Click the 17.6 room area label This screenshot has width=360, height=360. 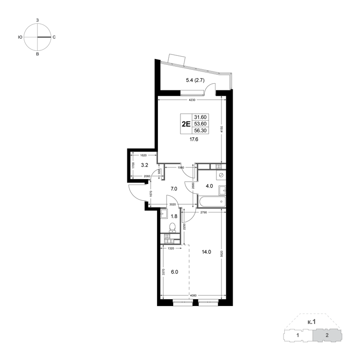193,139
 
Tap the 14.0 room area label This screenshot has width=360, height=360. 207,252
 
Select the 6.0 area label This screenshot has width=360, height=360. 175,272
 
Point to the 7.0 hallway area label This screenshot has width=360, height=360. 174,189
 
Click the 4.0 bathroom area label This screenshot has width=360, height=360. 209,186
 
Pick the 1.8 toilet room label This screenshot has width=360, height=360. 174,216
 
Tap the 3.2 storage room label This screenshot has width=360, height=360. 144,165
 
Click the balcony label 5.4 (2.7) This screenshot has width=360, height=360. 195,80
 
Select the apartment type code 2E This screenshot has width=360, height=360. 186,124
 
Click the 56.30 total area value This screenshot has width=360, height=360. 200,130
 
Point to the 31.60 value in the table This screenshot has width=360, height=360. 200,117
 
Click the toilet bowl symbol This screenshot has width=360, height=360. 172,227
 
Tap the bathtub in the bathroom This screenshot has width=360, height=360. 213,201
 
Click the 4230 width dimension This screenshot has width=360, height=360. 192,100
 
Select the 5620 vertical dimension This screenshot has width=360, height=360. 221,253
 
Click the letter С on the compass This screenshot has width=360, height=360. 54,37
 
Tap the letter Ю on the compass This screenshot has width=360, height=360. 20,37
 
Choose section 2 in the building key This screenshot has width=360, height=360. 327,335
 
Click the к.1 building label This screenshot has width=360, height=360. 311,322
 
